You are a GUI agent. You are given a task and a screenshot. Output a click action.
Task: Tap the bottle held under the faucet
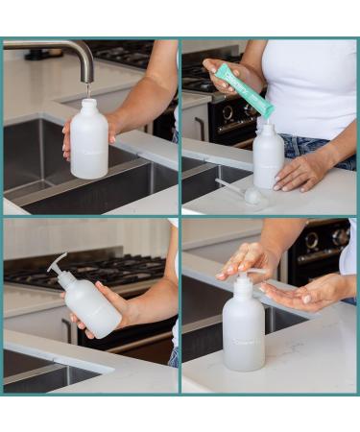[x=89, y=144]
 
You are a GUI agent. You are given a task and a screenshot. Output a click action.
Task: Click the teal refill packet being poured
[x=243, y=90]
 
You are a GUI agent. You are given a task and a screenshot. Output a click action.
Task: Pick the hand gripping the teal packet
[x=223, y=77]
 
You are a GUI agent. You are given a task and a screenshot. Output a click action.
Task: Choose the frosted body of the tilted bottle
[x=92, y=305]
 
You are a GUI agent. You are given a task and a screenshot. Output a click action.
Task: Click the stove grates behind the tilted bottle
[x=106, y=271]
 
